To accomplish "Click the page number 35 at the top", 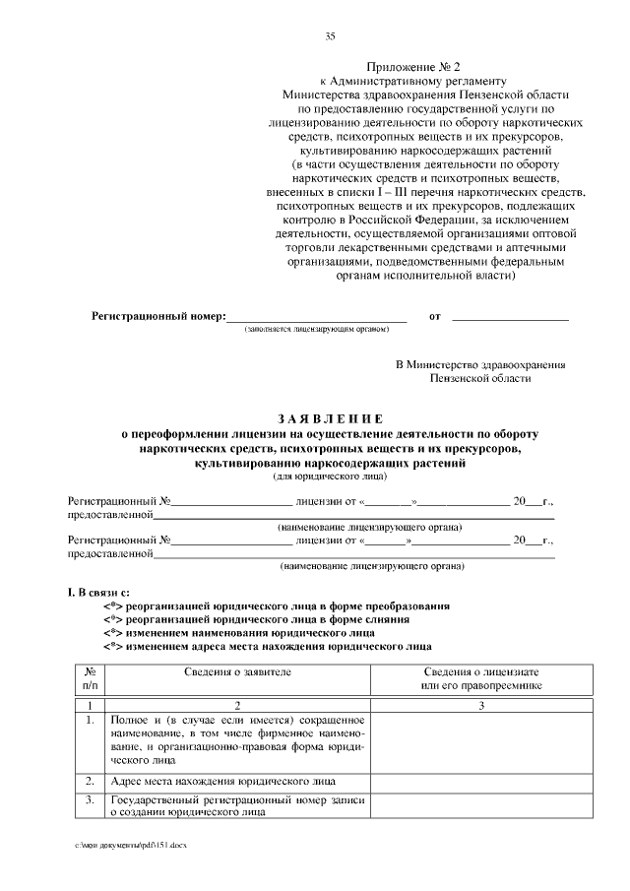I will (x=330, y=36).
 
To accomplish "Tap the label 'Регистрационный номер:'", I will (x=158, y=317).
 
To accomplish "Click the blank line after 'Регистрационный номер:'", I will (x=316, y=318).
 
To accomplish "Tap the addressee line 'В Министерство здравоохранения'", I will (x=480, y=364).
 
